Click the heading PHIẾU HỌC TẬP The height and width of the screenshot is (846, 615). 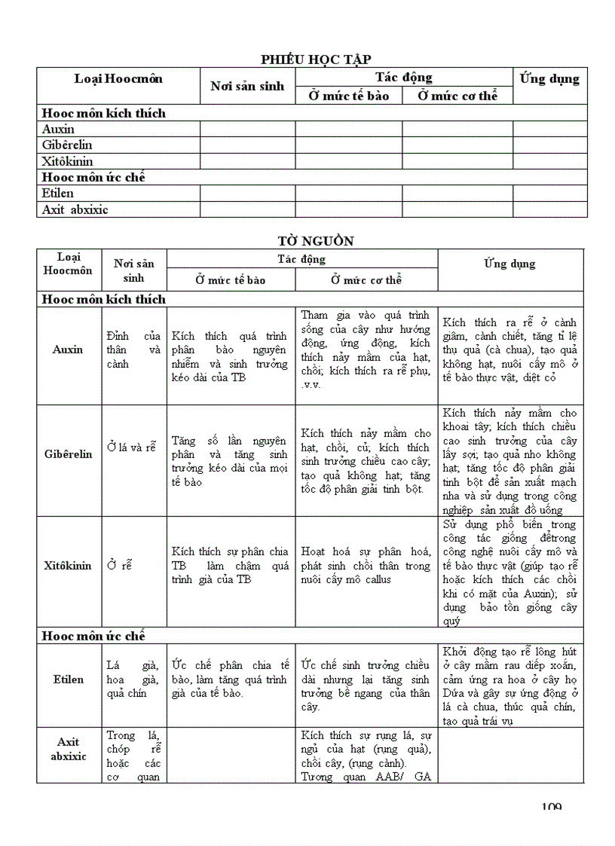tap(316, 60)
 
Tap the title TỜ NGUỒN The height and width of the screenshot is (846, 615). tap(315, 241)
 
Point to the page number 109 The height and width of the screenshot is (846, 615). tap(551, 808)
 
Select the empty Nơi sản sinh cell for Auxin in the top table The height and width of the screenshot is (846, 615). tap(247, 129)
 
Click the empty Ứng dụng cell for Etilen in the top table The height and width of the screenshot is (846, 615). tap(549, 194)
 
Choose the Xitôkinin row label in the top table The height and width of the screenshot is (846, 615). tap(68, 161)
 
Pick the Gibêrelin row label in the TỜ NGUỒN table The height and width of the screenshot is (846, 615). tap(68, 454)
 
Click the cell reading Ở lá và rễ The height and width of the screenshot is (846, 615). tap(131, 447)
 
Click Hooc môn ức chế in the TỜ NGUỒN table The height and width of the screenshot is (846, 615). tap(93, 637)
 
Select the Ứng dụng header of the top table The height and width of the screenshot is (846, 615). tap(549, 79)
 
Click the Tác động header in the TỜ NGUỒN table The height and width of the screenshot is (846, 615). tap(301, 259)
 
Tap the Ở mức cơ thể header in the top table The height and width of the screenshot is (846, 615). tap(457, 96)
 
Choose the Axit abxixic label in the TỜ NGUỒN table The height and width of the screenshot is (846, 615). tap(69, 749)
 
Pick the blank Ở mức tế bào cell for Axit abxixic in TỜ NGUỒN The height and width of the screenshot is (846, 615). tap(231, 755)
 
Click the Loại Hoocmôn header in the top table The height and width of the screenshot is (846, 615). tap(118, 79)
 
